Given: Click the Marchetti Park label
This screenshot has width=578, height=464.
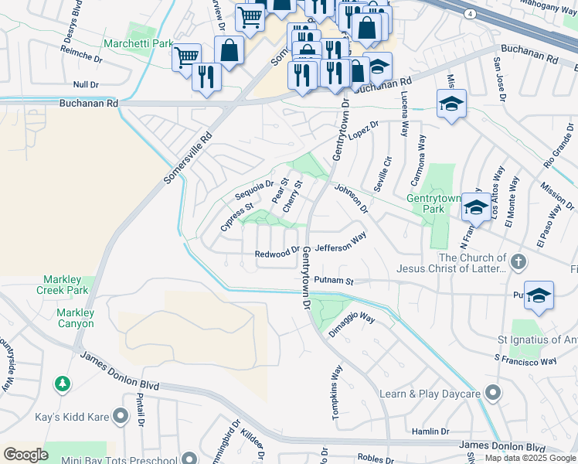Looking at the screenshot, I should tap(140, 44).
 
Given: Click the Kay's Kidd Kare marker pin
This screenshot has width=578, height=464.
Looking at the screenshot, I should tap(120, 418).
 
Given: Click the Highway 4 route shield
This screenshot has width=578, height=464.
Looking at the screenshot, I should tap(470, 14).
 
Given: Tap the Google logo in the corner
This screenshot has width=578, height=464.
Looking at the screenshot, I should tap(25, 454).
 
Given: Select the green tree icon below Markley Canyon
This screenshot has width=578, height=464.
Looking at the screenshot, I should tap(62, 384).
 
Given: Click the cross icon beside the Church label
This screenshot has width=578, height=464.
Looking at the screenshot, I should tap(518, 263).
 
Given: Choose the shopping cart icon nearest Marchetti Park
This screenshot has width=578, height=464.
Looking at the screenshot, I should tap(185, 56).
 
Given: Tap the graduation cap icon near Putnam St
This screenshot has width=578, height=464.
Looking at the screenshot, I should tap(539, 295).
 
